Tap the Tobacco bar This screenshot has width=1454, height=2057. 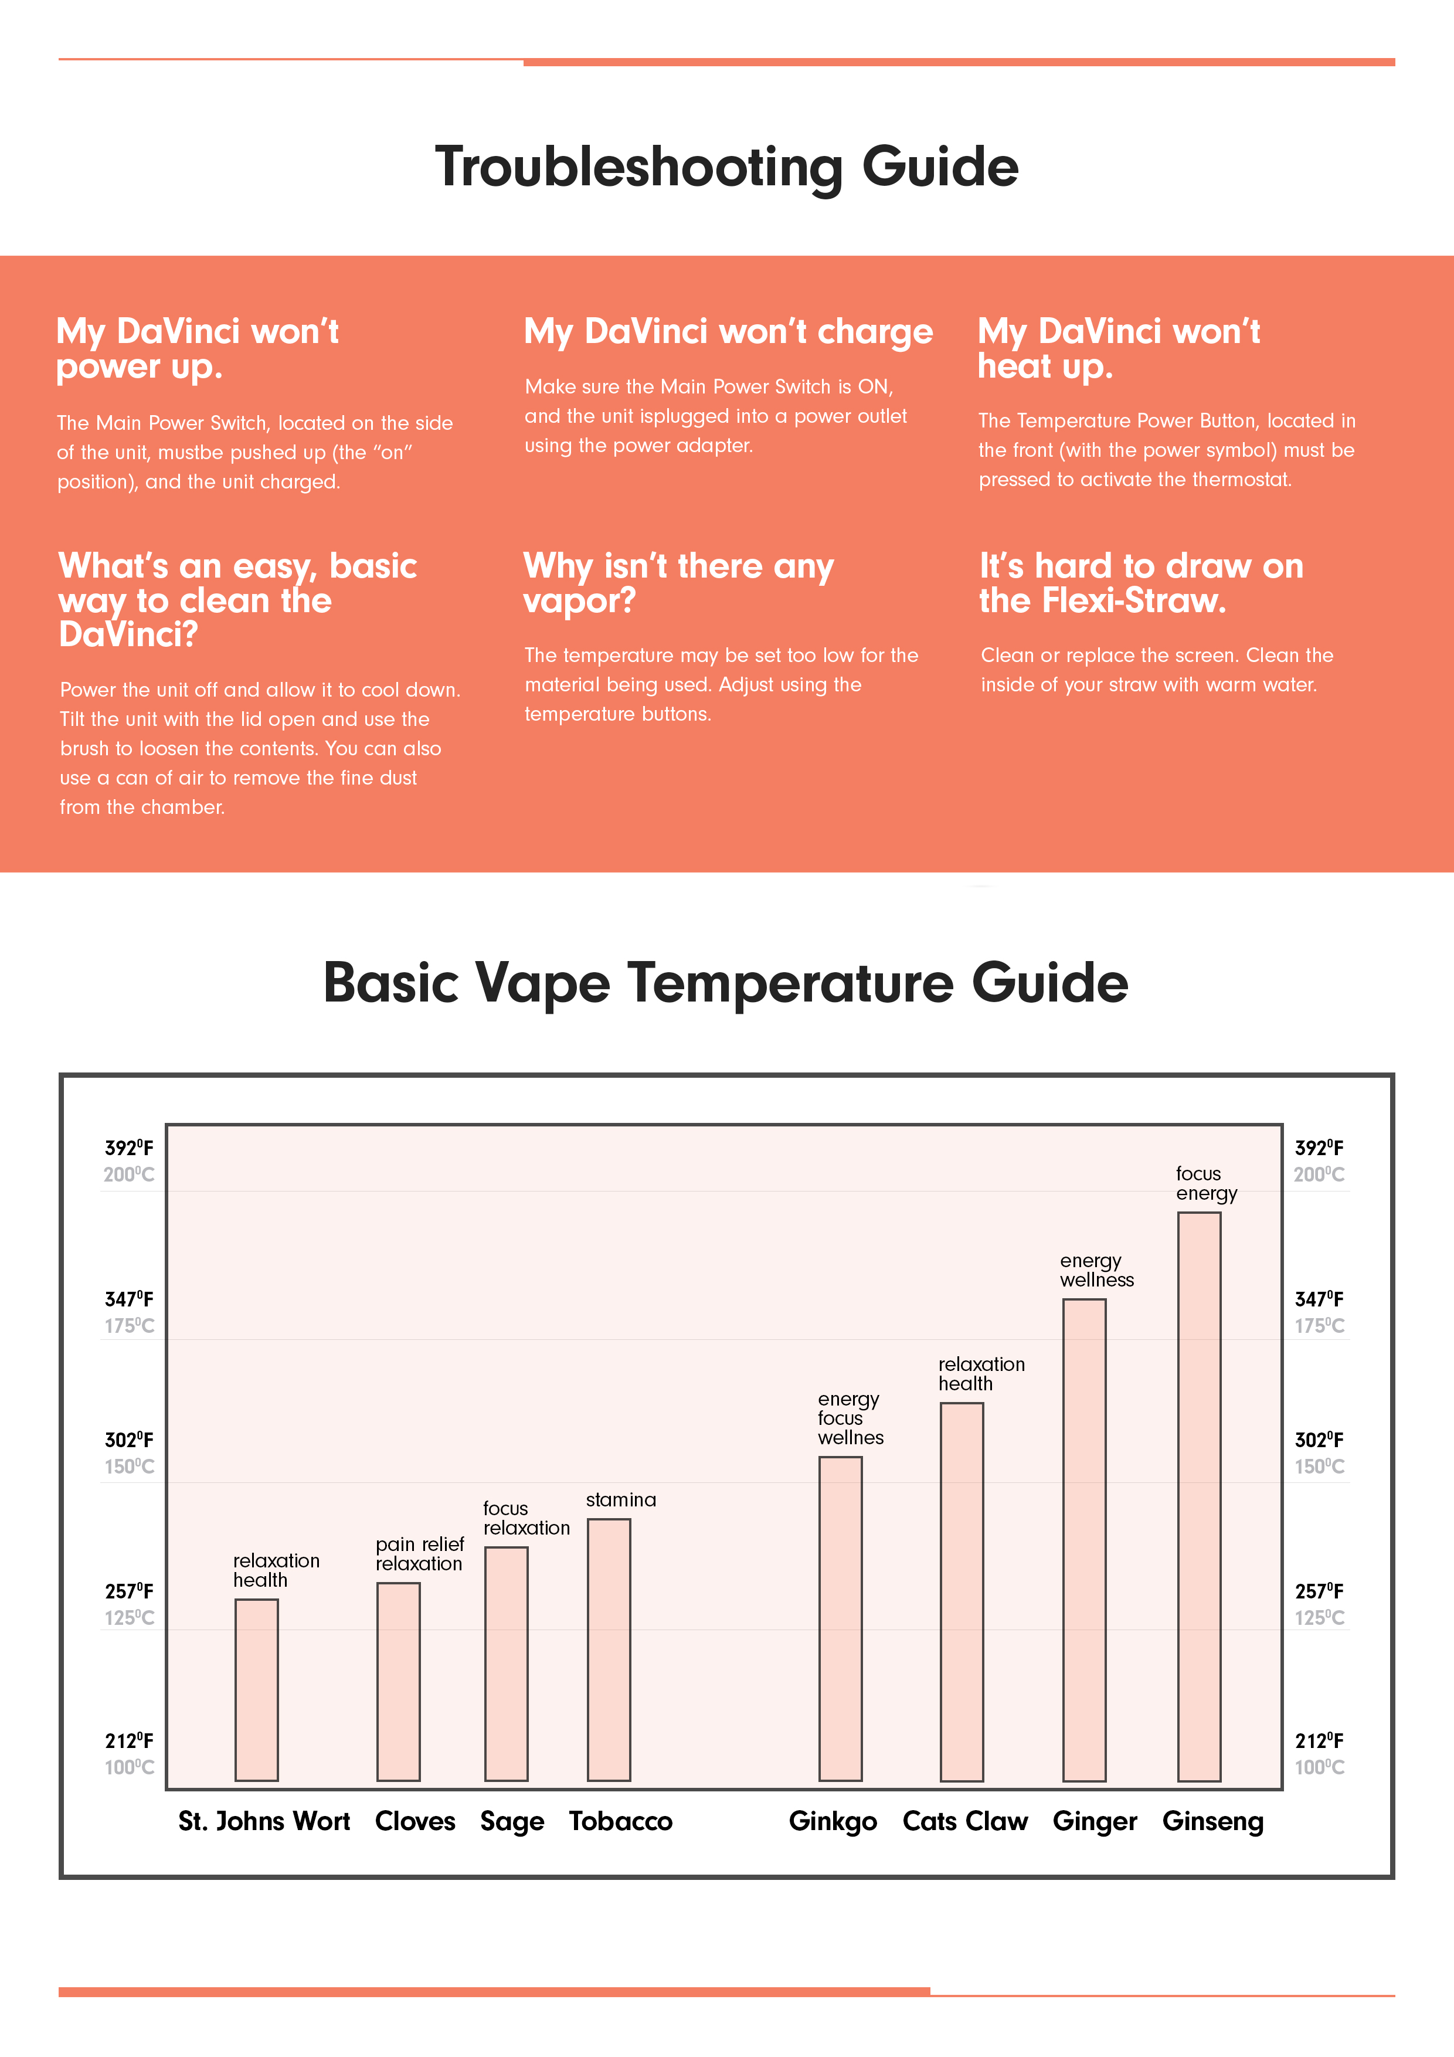point(609,1648)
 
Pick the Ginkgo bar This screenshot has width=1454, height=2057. point(840,1617)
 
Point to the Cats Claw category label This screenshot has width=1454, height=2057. point(965,1821)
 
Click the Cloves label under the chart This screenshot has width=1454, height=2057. point(415,1821)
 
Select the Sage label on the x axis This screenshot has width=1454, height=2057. point(512,1821)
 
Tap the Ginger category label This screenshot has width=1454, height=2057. point(1095,1821)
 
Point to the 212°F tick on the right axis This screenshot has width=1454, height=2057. point(1319,1741)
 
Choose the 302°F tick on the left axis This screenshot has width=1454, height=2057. point(129,1440)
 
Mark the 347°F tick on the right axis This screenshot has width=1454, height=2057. point(1319,1299)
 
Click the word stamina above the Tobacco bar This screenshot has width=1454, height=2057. point(621,1500)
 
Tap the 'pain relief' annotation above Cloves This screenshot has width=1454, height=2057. point(419,1544)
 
